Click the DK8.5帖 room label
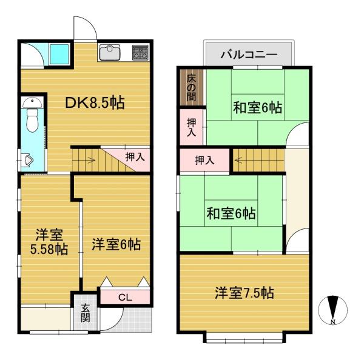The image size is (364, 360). [x=95, y=103]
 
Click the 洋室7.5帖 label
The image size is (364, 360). [x=244, y=293]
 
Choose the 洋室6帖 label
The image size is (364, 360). [x=116, y=245]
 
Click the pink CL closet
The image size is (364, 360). [x=124, y=298]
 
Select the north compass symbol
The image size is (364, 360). [x=332, y=310]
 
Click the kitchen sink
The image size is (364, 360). [x=110, y=53]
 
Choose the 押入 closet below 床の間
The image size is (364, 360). [x=190, y=127]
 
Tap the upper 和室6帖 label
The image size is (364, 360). [x=257, y=108]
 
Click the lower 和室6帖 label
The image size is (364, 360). [x=231, y=213]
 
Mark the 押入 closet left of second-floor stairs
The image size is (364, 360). [x=204, y=161]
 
